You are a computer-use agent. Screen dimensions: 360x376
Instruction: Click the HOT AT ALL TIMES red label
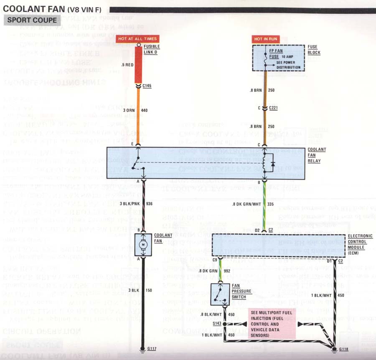(137, 39)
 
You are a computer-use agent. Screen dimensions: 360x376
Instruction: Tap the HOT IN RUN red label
(265, 39)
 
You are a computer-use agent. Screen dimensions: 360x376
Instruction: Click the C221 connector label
(274, 108)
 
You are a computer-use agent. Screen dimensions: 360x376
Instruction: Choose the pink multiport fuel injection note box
(272, 324)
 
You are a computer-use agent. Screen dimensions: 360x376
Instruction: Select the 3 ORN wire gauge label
(129, 110)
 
